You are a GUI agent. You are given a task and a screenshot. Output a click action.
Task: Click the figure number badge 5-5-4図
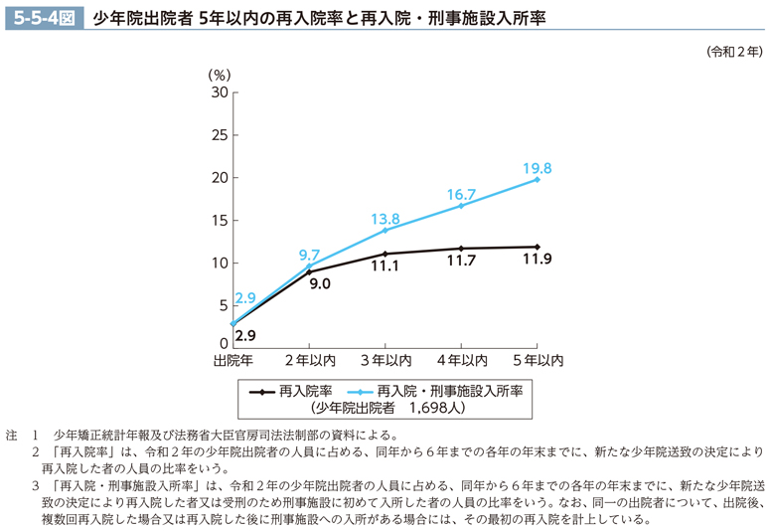point(42,17)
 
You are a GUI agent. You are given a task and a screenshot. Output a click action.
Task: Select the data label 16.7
point(462,195)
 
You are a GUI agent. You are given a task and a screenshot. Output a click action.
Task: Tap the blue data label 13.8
point(385,219)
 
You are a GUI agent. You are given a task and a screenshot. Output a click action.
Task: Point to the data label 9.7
point(309,256)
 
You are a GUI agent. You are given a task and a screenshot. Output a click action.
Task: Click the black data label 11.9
point(538,261)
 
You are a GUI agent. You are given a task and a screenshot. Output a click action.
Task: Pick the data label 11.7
point(462,263)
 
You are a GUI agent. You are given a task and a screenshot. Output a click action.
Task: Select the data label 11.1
point(384,266)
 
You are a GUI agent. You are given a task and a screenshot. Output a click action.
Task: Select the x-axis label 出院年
point(233,359)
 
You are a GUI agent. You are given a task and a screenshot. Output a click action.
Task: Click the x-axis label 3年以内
point(385,359)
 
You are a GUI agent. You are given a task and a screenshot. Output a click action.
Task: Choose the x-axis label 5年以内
point(538,359)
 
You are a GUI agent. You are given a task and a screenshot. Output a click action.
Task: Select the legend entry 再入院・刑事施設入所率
point(437,391)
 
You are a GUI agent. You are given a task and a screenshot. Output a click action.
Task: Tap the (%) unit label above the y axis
point(219,74)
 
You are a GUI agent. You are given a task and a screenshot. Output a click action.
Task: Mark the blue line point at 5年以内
point(538,179)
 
